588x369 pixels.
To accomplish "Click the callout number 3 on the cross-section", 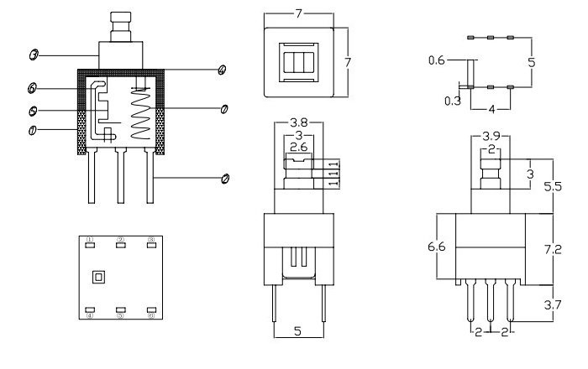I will pyautogui.click(x=32, y=55).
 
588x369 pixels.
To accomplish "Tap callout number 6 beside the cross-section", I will pyautogui.click(x=31, y=88).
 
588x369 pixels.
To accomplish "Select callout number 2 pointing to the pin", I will pyautogui.click(x=225, y=178).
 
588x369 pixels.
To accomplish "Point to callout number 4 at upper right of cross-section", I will pyautogui.click(x=221, y=69).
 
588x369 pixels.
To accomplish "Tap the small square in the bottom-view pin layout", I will pyautogui.click(x=99, y=277).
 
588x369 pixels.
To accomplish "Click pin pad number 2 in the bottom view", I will pyautogui.click(x=121, y=244).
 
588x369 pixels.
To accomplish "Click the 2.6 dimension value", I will pyautogui.click(x=297, y=148).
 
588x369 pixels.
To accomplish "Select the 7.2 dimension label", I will pyautogui.click(x=552, y=250).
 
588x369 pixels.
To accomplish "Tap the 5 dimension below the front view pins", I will pyautogui.click(x=297, y=331).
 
